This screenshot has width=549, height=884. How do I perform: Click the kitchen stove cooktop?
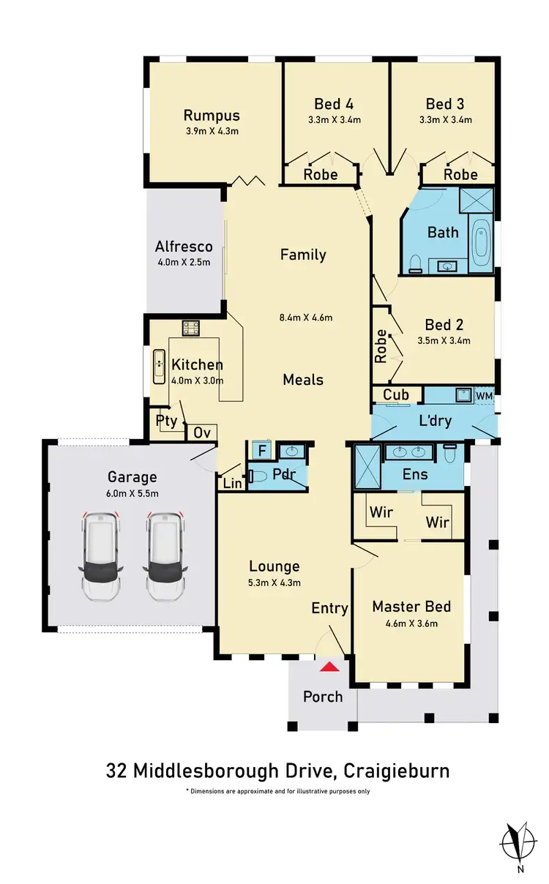[192, 328]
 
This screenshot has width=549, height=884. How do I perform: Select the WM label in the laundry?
[485, 395]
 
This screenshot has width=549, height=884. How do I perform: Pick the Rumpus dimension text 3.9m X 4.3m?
[212, 132]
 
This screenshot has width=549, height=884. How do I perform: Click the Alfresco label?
[184, 247]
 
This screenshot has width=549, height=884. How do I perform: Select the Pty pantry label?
[166, 421]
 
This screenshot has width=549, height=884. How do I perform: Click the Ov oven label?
[202, 432]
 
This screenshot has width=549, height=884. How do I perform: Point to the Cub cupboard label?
[396, 395]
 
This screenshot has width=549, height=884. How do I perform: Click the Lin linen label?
[231, 483]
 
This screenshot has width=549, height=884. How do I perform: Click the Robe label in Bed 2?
[381, 346]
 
